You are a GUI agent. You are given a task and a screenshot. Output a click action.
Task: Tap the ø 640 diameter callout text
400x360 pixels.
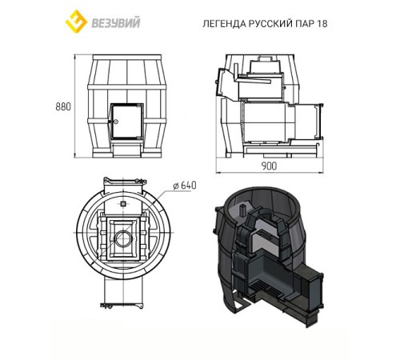pyautogui.click(x=185, y=186)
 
